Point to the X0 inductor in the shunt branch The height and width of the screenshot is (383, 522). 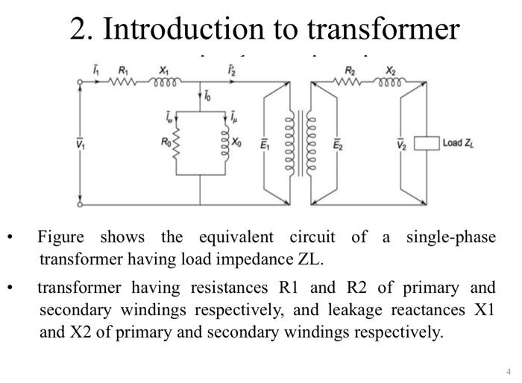224,142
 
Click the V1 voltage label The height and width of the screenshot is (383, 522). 80,143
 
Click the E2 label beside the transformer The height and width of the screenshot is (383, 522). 338,143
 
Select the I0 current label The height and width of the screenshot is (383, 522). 208,96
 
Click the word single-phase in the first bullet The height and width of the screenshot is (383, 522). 450,238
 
